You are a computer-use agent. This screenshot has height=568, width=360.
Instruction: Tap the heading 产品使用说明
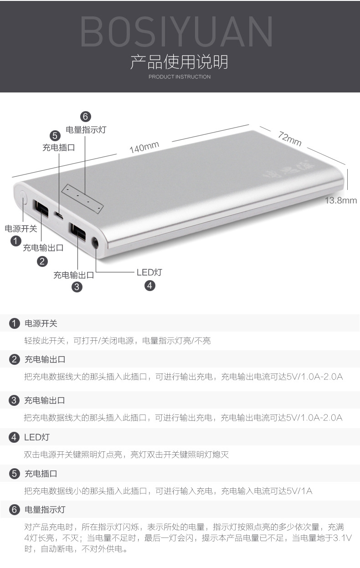(x=179, y=62)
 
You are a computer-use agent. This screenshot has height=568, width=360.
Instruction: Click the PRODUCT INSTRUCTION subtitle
(x=180, y=77)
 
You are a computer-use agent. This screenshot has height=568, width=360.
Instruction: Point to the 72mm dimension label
(x=290, y=138)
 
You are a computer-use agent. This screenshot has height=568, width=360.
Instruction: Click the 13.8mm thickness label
(x=340, y=200)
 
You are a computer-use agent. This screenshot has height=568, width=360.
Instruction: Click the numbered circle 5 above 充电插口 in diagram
(x=55, y=135)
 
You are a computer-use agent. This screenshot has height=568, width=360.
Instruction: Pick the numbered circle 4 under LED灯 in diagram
(x=149, y=286)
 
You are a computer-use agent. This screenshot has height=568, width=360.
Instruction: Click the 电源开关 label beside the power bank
(x=21, y=229)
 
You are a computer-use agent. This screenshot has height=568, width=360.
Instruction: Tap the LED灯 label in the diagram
(x=149, y=272)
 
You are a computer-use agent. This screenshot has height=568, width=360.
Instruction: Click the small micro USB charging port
(x=58, y=215)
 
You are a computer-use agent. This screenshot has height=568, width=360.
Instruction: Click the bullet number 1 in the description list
(x=15, y=324)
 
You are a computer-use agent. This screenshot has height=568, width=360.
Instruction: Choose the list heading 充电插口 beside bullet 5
(x=41, y=474)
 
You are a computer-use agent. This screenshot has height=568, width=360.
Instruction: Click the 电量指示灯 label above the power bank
(x=86, y=129)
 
